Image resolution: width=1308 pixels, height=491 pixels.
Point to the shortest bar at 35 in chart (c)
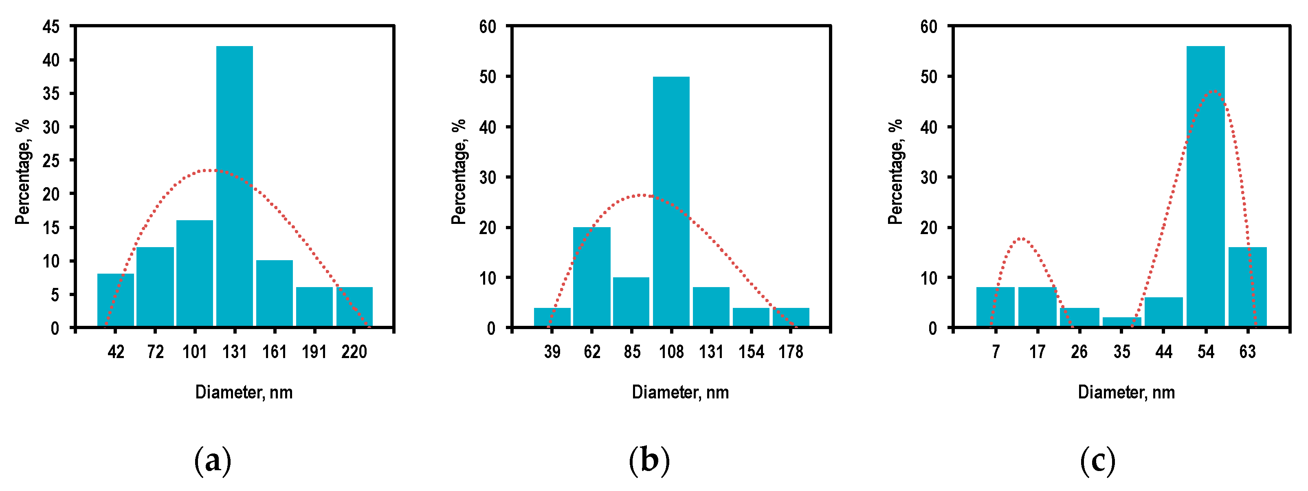(x=1122, y=322)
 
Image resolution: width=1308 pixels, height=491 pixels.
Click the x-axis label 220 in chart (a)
(x=354, y=352)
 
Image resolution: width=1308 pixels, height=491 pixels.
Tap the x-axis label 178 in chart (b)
(x=791, y=352)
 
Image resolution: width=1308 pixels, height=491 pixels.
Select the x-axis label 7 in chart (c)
(x=996, y=352)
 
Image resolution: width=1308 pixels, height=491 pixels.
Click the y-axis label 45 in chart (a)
(x=51, y=27)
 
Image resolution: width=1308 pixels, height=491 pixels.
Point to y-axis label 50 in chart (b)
(x=488, y=77)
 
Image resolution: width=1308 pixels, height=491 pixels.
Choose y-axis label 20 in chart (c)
(x=929, y=228)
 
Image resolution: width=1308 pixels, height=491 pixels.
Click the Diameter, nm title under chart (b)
(x=680, y=392)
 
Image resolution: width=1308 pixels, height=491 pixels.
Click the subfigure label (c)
(x=1097, y=460)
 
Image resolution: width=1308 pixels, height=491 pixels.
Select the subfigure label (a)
(x=213, y=460)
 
